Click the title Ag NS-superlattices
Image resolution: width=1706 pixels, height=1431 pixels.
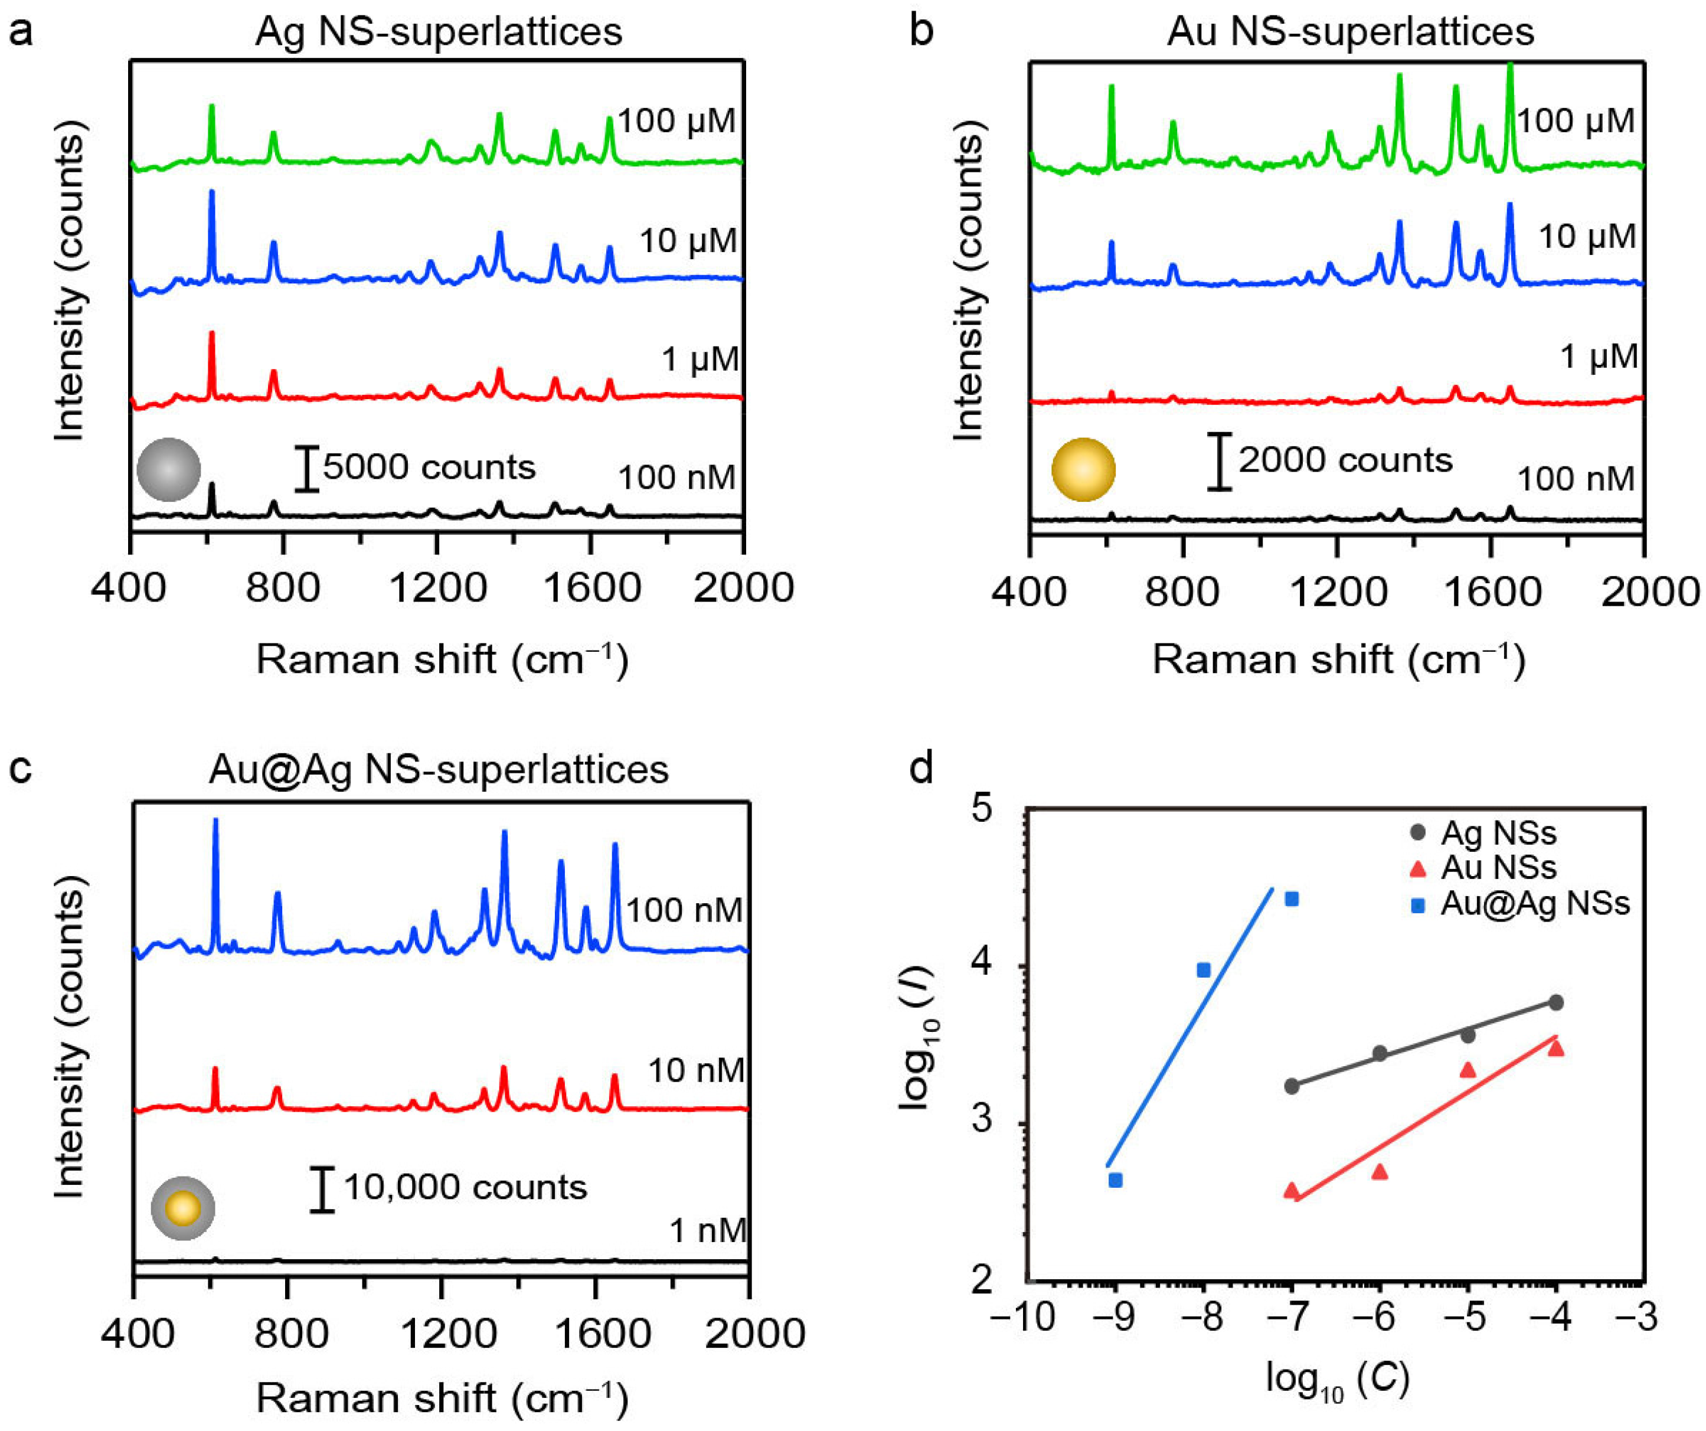click(438, 32)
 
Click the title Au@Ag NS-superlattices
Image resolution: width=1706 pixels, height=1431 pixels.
click(438, 769)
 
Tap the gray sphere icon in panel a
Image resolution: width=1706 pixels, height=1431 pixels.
click(168, 469)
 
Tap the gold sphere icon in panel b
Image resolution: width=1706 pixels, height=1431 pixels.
click(1083, 469)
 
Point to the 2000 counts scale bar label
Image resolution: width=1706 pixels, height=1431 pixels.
click(1345, 460)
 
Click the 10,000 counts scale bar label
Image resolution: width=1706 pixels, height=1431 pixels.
click(465, 1187)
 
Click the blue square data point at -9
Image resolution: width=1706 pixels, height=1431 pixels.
click(1116, 1180)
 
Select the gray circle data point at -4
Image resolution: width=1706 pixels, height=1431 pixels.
click(1555, 1002)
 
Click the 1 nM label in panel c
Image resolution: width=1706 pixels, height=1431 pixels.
click(707, 1231)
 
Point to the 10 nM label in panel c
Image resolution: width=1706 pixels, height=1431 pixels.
click(695, 1071)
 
